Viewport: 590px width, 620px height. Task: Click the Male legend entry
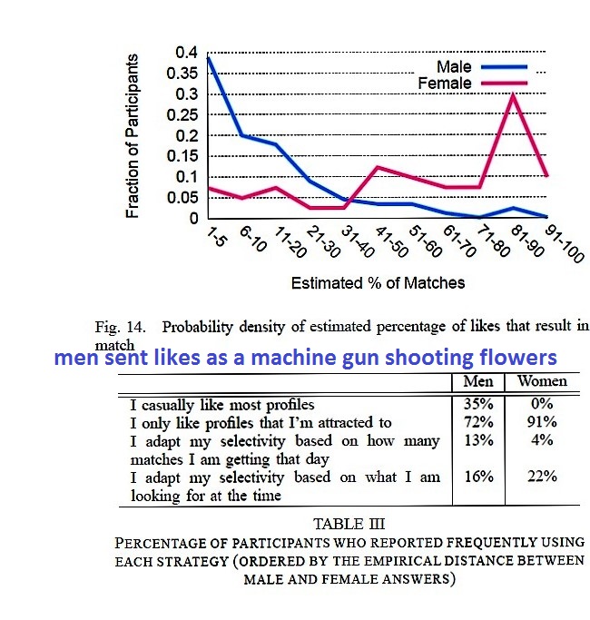point(454,67)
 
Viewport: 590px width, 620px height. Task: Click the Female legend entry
point(444,84)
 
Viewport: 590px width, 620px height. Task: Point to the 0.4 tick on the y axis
point(184,52)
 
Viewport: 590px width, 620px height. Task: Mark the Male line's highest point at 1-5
point(209,57)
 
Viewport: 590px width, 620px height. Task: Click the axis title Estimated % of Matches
point(377,282)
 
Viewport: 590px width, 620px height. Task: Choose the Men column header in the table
point(478,381)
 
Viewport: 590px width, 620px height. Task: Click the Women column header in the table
point(542,381)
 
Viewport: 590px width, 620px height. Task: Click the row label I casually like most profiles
point(222,405)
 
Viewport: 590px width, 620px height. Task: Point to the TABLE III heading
point(349,524)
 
